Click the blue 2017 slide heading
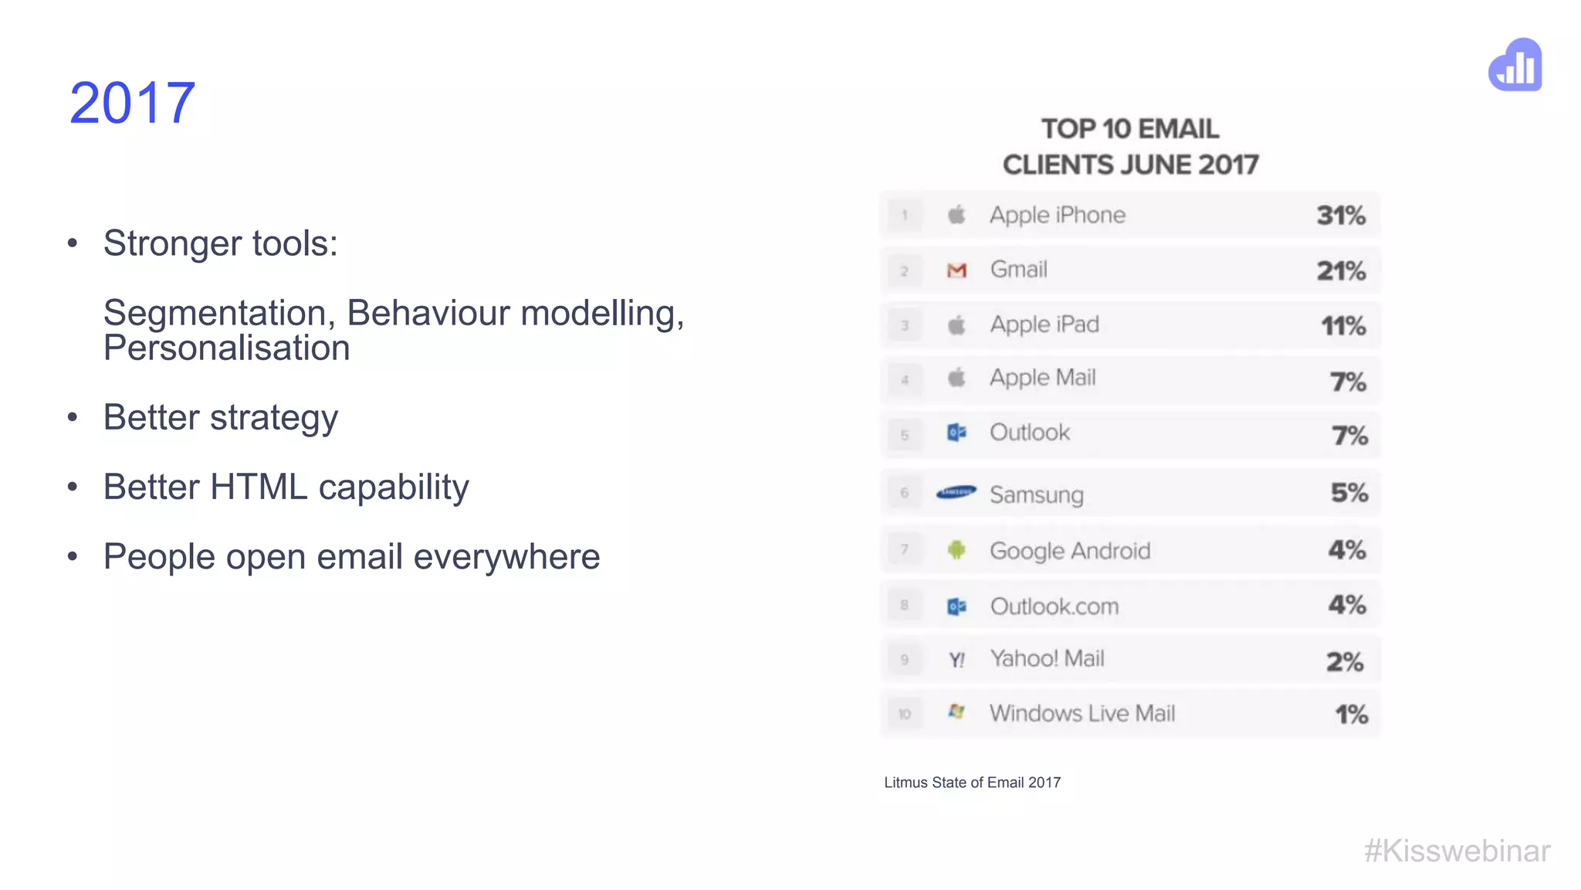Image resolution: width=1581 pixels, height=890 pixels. pos(132,103)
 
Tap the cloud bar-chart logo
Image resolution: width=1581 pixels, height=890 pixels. pos(1515,66)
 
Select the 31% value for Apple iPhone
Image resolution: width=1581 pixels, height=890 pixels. pos(1341,216)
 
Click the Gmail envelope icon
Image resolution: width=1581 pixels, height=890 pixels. pos(956,270)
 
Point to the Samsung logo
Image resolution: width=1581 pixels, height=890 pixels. pos(956,492)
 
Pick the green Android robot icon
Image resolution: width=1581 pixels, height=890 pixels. pos(956,549)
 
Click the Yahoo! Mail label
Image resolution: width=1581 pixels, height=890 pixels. pos(1047,658)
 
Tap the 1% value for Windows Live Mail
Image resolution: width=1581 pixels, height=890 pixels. pos(1351,714)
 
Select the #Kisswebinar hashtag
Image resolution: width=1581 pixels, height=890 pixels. pos(1457,851)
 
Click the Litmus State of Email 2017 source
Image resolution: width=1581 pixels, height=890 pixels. pos(972,783)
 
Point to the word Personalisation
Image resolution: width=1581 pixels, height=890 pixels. pos(226,348)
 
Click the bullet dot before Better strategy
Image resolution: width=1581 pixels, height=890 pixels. pos(73,417)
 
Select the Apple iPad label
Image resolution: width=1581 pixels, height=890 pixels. pos(1044,324)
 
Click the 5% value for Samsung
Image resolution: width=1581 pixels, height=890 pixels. pos(1349,493)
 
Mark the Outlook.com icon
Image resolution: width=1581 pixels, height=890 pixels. pos(956,606)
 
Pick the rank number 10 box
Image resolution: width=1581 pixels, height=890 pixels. pos(905,714)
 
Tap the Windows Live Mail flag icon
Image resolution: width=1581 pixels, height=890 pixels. pos(956,712)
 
